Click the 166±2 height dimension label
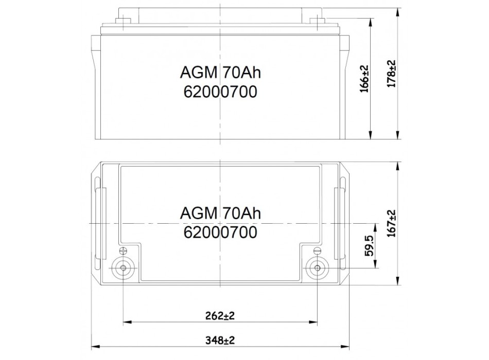[x=365, y=78]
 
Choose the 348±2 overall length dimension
[x=219, y=340]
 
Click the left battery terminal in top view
[x=124, y=267]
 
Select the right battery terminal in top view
[x=316, y=267]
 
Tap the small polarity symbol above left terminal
[x=123, y=251]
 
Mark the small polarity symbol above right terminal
[x=317, y=251]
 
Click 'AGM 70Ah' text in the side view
[x=220, y=73]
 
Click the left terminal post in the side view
[x=123, y=21]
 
